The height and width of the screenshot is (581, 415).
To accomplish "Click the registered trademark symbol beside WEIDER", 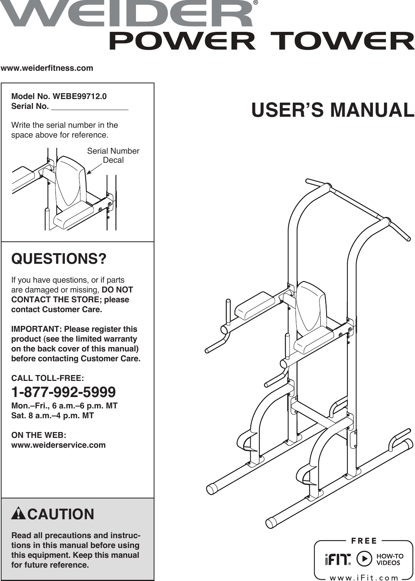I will click(x=256, y=3).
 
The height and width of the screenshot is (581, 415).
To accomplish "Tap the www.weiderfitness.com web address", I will click(x=47, y=68).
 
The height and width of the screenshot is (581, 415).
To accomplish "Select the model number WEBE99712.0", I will click(x=80, y=96).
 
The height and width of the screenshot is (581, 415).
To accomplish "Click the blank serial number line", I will click(x=90, y=107).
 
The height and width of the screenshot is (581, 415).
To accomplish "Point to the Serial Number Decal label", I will click(x=113, y=155).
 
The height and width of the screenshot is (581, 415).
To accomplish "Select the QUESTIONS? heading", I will click(x=59, y=259).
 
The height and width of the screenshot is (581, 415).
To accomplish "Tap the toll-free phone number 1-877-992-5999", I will click(x=63, y=392).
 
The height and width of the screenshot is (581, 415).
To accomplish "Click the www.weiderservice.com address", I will click(x=59, y=445).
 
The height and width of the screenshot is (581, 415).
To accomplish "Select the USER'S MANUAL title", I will click(x=332, y=110).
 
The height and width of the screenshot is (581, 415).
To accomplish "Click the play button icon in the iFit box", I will click(x=364, y=559).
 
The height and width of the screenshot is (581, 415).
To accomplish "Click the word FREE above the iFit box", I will click(x=364, y=541).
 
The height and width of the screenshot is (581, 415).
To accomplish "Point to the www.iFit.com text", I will click(x=364, y=577).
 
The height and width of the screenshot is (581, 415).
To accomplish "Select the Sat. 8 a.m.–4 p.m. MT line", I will click(x=53, y=416).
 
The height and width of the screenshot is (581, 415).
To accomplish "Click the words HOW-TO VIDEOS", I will click(x=390, y=559).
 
